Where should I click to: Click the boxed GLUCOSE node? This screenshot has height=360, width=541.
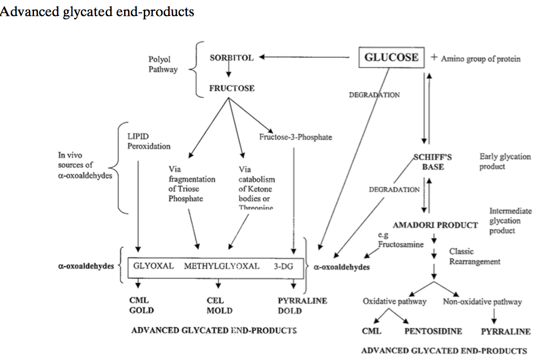point(391,58)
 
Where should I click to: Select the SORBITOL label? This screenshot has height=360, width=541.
point(231,57)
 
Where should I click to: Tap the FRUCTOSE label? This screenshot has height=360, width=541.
point(231,88)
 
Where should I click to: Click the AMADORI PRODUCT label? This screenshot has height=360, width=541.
point(435,225)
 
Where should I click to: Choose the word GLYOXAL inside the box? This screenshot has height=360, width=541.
point(154,266)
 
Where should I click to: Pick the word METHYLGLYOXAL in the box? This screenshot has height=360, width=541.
point(221,266)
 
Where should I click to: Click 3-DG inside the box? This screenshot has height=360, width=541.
point(283,266)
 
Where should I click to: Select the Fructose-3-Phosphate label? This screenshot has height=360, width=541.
point(295,137)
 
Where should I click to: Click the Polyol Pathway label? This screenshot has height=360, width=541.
point(163,64)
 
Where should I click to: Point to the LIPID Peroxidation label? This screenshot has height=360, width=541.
point(145,142)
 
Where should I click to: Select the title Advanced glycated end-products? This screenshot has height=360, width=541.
point(97,11)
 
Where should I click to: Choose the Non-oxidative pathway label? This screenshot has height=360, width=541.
point(482,302)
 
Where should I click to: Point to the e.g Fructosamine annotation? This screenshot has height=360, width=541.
point(401,240)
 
